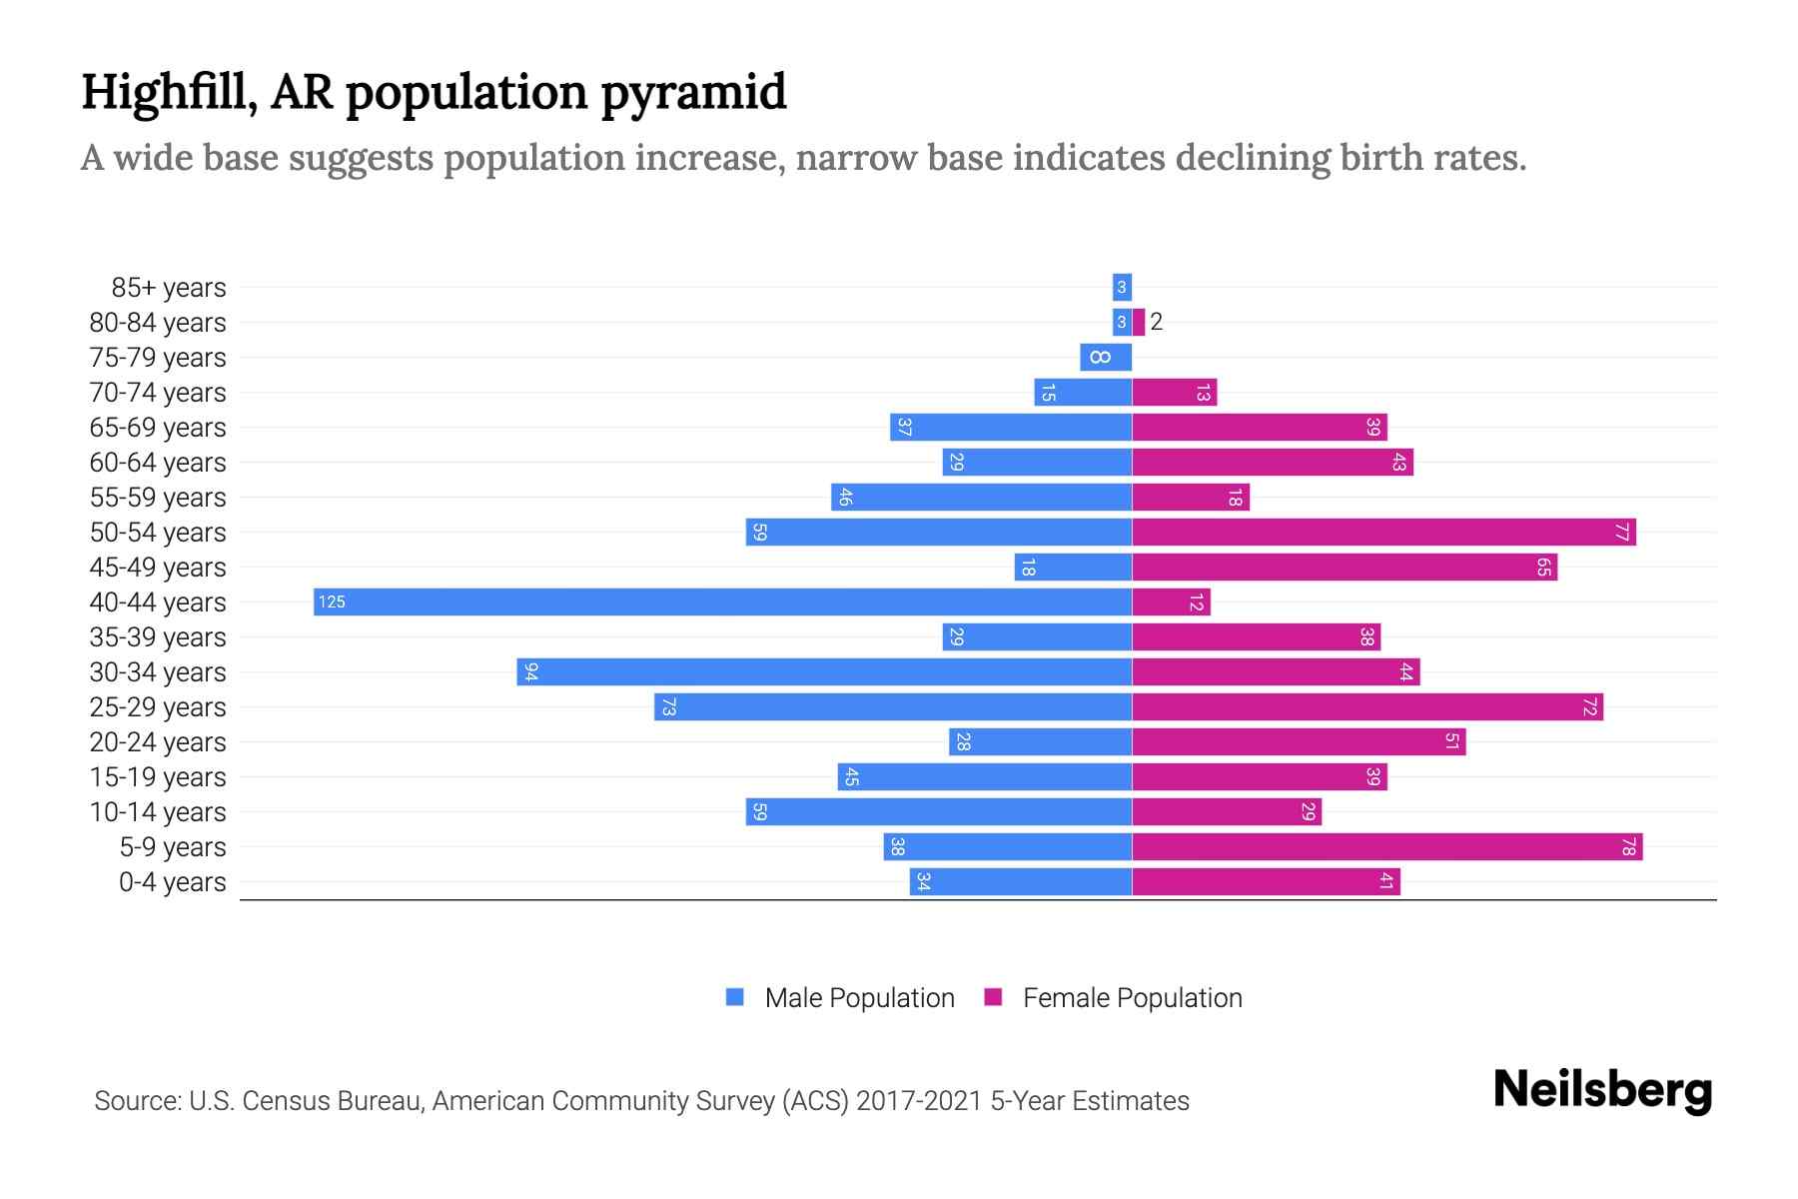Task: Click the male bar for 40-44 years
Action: [x=722, y=601]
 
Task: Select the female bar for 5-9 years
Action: [x=1386, y=847]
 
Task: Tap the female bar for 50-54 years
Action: [x=1383, y=532]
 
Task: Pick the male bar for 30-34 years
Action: [x=824, y=671]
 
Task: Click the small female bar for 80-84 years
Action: [x=1139, y=322]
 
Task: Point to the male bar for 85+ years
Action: [x=1122, y=287]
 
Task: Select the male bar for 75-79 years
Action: [x=1106, y=357]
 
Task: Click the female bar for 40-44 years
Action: [x=1171, y=601]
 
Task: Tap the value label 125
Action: [x=332, y=601]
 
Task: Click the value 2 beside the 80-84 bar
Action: [x=1157, y=322]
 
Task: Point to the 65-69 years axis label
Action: [x=158, y=428]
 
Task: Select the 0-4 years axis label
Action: [x=172, y=882]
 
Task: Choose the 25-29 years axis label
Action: [x=158, y=707]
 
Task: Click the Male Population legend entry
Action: [x=859, y=997]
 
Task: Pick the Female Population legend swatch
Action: [x=993, y=997]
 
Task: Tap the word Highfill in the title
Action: [x=164, y=92]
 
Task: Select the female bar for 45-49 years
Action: [x=1345, y=567]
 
